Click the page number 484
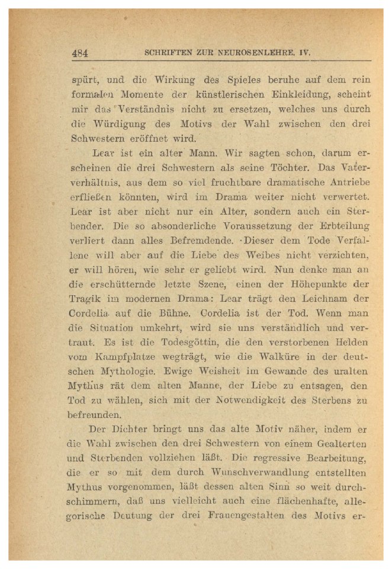[80, 53]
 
